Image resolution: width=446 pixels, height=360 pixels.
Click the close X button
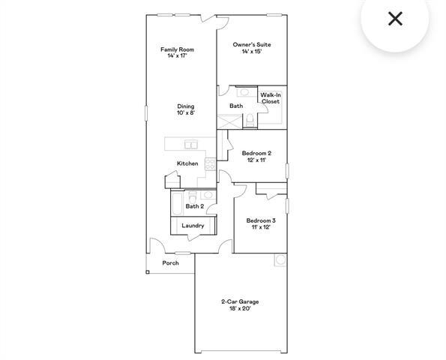click(x=395, y=18)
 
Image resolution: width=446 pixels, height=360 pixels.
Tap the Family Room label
click(x=177, y=49)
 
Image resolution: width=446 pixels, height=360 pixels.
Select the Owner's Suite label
click(x=251, y=45)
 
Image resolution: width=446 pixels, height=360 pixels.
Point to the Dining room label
click(x=186, y=106)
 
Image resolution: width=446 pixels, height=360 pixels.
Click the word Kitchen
click(x=187, y=163)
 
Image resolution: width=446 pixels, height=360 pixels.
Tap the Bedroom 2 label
click(x=256, y=153)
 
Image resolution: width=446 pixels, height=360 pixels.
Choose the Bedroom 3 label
click(x=261, y=220)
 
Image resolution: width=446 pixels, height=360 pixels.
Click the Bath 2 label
click(x=195, y=206)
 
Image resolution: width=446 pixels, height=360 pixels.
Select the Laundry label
click(x=193, y=225)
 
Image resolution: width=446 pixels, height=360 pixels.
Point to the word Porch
click(x=171, y=263)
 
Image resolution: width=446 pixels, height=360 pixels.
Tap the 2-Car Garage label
click(x=240, y=301)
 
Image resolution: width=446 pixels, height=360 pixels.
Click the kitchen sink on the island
click(x=192, y=145)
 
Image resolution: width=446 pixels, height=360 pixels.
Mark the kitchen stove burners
click(x=211, y=164)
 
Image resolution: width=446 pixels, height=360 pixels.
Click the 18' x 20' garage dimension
click(x=240, y=309)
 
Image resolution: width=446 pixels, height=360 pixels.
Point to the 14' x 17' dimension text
click(x=177, y=56)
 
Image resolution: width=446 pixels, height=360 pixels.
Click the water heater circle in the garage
click(x=281, y=260)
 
